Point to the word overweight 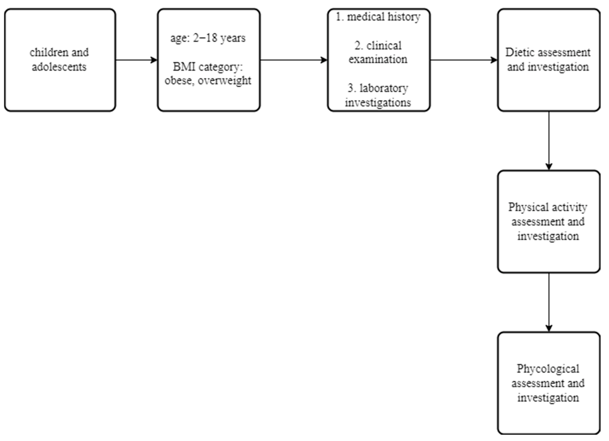pos(224,80)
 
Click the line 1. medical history pos(378,17)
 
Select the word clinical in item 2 pos(384,45)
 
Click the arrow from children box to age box pos(136,60)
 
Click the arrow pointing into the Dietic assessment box pos(464,60)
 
